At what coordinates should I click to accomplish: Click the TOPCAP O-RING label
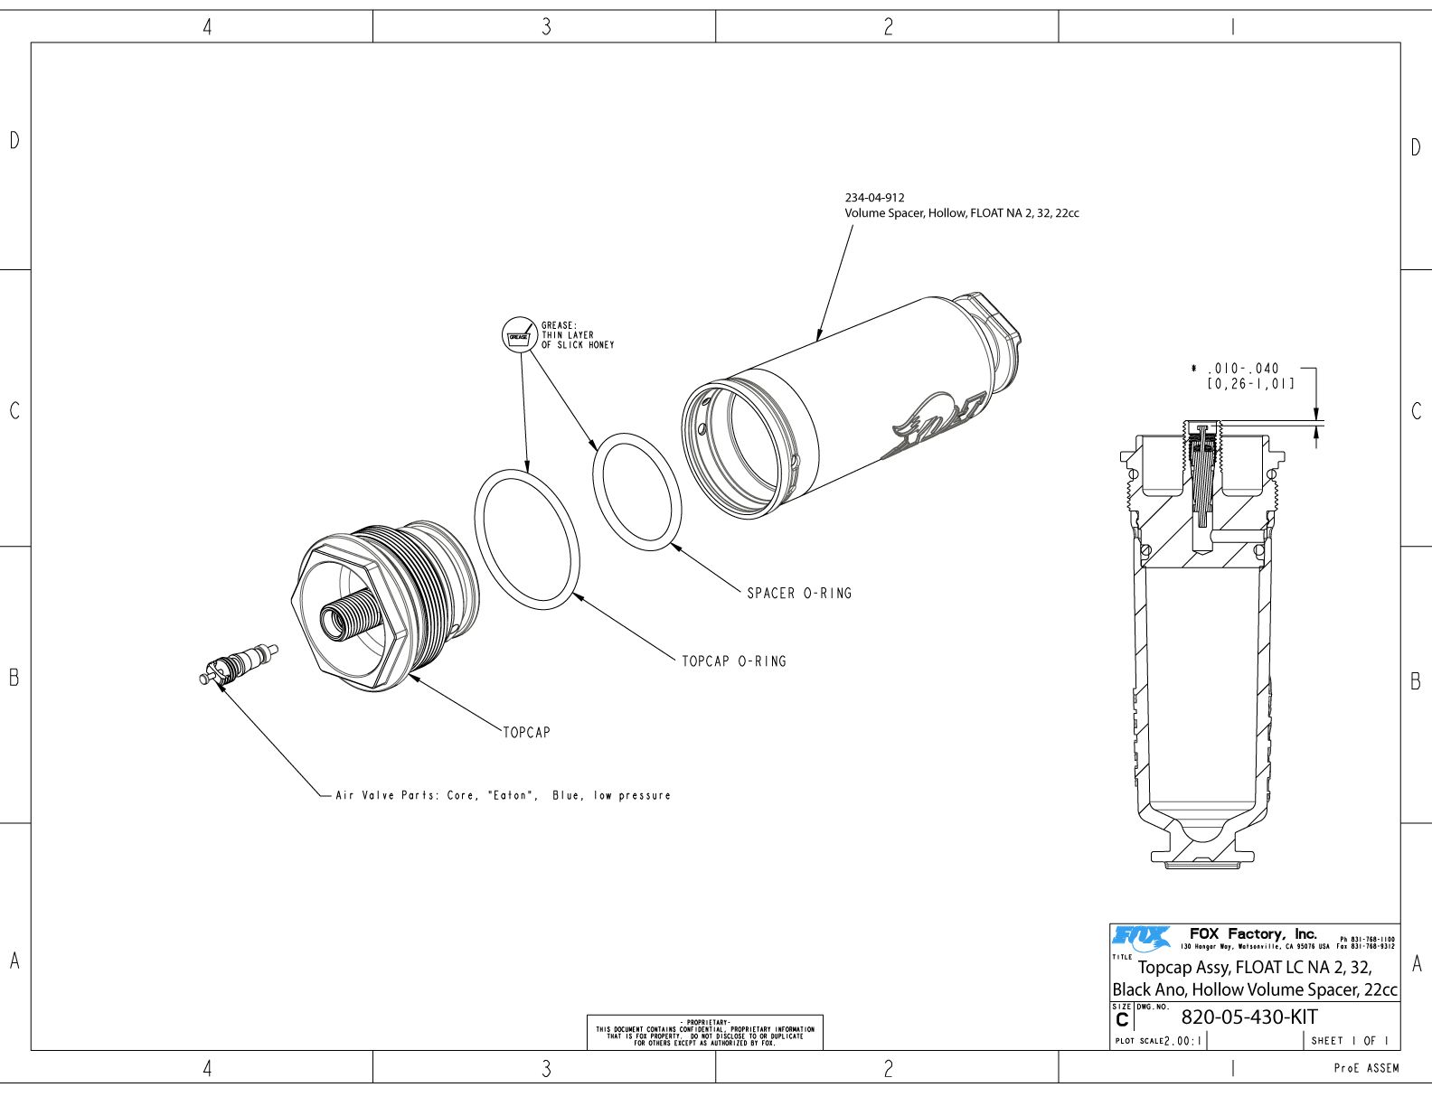point(734,661)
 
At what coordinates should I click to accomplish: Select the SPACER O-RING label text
point(799,594)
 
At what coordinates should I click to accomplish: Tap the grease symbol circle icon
point(519,335)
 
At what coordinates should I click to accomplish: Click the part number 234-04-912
point(874,198)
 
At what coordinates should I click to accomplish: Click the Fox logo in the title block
point(1142,938)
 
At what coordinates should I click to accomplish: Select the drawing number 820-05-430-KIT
point(1248,1017)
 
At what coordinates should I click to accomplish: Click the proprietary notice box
point(705,1033)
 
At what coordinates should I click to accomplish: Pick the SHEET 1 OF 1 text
point(1350,1041)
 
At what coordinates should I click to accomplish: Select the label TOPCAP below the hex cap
point(526,733)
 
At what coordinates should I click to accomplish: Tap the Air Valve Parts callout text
point(503,796)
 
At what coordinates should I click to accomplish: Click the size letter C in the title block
point(1122,1020)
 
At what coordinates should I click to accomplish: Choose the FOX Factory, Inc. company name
point(1253,933)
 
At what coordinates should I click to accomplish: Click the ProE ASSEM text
point(1366,1068)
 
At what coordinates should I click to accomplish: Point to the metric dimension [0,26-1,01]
point(1250,383)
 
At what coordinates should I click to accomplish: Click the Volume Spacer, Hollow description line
point(962,213)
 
